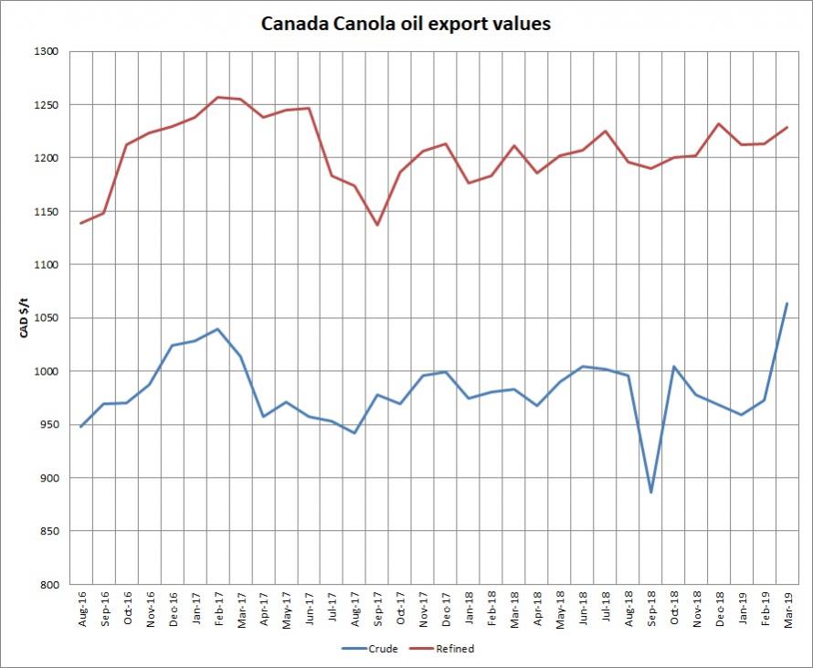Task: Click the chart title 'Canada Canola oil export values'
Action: click(x=406, y=24)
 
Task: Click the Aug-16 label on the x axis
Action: click(x=80, y=607)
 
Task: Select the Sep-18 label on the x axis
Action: click(x=651, y=607)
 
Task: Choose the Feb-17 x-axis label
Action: click(x=217, y=607)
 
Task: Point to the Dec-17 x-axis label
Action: click(x=446, y=607)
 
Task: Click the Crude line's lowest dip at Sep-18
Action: click(x=651, y=493)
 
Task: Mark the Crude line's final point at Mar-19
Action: click(x=787, y=303)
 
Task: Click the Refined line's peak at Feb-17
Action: click(x=217, y=97)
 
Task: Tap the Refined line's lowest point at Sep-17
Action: click(x=376, y=225)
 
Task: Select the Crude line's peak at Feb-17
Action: click(x=217, y=329)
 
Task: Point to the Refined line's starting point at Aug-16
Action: click(x=80, y=223)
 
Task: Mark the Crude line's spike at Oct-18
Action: click(x=674, y=366)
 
